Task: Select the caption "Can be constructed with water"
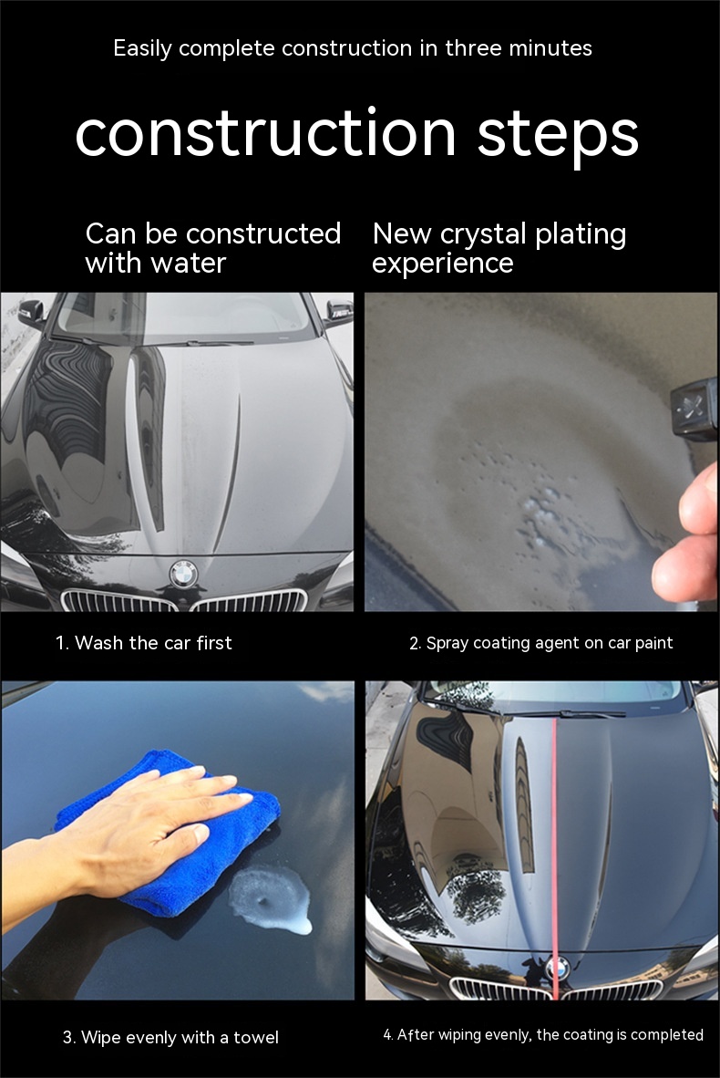tap(213, 248)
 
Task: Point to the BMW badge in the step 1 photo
tap(183, 574)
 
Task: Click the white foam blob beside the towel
tap(270, 900)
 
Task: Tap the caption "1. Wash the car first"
tap(144, 643)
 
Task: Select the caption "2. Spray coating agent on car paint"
tap(540, 643)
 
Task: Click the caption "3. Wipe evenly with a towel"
tap(170, 1037)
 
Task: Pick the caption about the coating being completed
tap(543, 1035)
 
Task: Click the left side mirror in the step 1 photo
tap(32, 312)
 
